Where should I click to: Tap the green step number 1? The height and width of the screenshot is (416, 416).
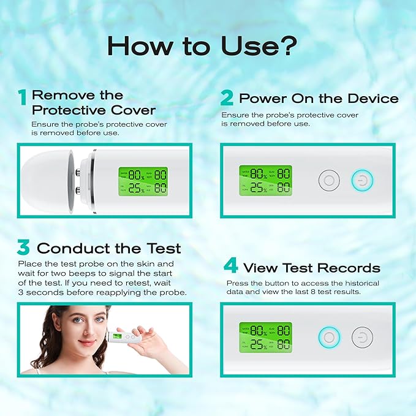pyautogui.click(x=23, y=97)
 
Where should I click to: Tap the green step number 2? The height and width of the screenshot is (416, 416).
pyautogui.click(x=227, y=98)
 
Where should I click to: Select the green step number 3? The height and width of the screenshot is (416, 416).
pyautogui.click(x=23, y=248)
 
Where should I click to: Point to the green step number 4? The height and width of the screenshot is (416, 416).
pyautogui.click(x=230, y=267)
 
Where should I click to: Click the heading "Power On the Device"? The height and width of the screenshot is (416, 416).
pyautogui.click(x=319, y=98)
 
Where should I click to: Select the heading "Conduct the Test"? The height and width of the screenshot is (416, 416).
pyautogui.click(x=108, y=248)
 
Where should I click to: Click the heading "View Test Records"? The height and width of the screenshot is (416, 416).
pyautogui.click(x=311, y=268)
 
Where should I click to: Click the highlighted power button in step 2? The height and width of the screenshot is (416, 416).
pyautogui.click(x=361, y=181)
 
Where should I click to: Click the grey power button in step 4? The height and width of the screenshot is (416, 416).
pyautogui.click(x=362, y=337)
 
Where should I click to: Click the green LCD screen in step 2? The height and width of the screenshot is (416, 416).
pyautogui.click(x=265, y=180)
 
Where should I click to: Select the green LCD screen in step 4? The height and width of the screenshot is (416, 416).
pyautogui.click(x=265, y=337)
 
